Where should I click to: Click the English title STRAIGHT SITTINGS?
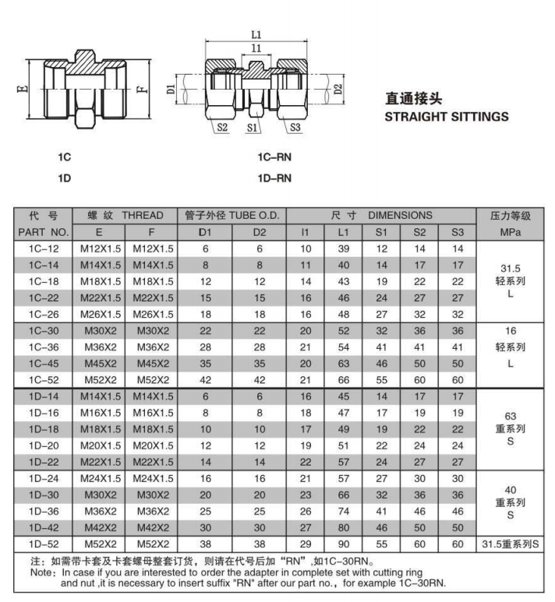tap(447, 118)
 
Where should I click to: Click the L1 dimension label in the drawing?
tap(257, 33)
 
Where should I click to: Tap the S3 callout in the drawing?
tap(295, 125)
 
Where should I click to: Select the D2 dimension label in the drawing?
tap(338, 88)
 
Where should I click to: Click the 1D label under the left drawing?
tap(65, 178)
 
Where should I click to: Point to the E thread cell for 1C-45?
tap(98, 364)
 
